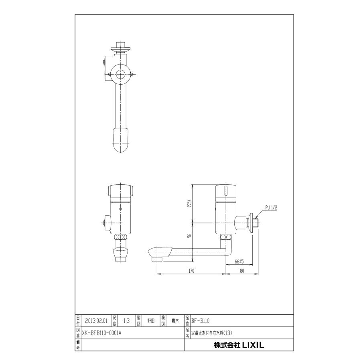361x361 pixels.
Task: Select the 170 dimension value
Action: coord(191,271)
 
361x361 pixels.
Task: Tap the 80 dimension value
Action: coord(242,271)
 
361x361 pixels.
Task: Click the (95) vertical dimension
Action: coord(189,204)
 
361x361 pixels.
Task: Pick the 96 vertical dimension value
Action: coord(189,236)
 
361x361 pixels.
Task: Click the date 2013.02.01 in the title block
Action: coord(96,320)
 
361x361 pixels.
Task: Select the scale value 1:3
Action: coord(126,320)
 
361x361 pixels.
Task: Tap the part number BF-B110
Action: coord(201,320)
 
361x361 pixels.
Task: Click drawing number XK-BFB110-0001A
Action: coord(102,333)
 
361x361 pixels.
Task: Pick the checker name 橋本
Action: coord(175,320)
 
